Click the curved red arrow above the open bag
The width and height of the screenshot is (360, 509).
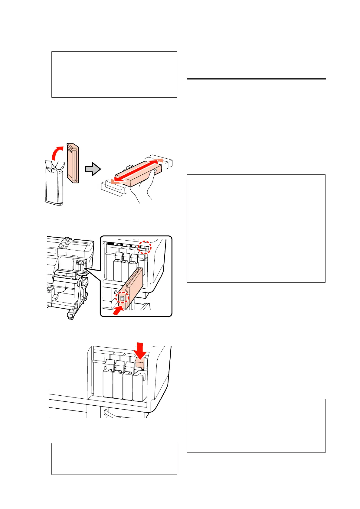(57, 153)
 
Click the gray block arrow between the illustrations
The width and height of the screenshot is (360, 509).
(92, 169)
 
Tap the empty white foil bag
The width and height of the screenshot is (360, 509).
(54, 184)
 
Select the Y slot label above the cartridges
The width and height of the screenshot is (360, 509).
(126, 245)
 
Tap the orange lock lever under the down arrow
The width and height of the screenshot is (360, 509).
(139, 362)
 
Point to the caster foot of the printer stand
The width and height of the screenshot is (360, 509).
(70, 316)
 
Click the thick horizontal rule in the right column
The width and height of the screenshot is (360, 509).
(256, 79)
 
